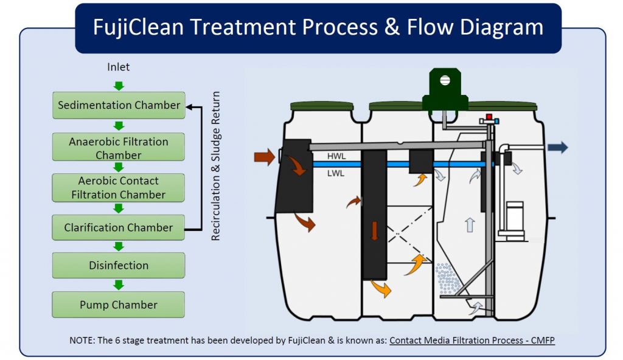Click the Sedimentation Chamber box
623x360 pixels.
click(119, 105)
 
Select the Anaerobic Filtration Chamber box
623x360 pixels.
click(119, 148)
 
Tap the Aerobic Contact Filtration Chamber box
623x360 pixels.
click(119, 187)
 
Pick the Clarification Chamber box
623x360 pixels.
click(119, 227)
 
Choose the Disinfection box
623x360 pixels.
click(119, 265)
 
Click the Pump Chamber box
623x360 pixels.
click(119, 305)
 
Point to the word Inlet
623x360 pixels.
click(119, 67)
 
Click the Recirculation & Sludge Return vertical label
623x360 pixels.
click(215, 166)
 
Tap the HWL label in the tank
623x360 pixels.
click(336, 156)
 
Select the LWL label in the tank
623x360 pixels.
click(336, 174)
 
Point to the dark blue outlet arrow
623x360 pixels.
click(557, 147)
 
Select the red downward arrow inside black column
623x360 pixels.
click(374, 231)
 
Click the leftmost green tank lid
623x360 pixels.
click(321, 107)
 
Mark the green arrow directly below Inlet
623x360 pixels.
click(119, 86)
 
